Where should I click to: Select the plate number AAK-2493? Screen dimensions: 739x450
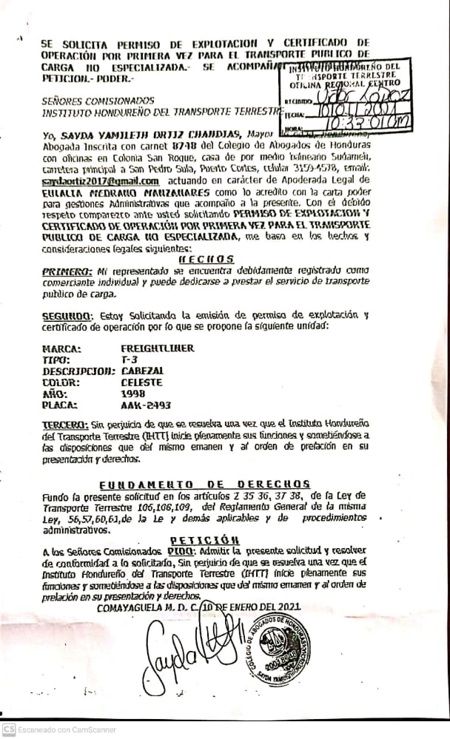point(146,406)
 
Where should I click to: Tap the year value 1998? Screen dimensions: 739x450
point(132,394)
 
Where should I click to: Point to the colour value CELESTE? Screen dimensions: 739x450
point(141,383)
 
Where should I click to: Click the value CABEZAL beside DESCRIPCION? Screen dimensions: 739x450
point(141,371)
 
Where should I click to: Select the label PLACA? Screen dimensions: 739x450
point(62,406)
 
